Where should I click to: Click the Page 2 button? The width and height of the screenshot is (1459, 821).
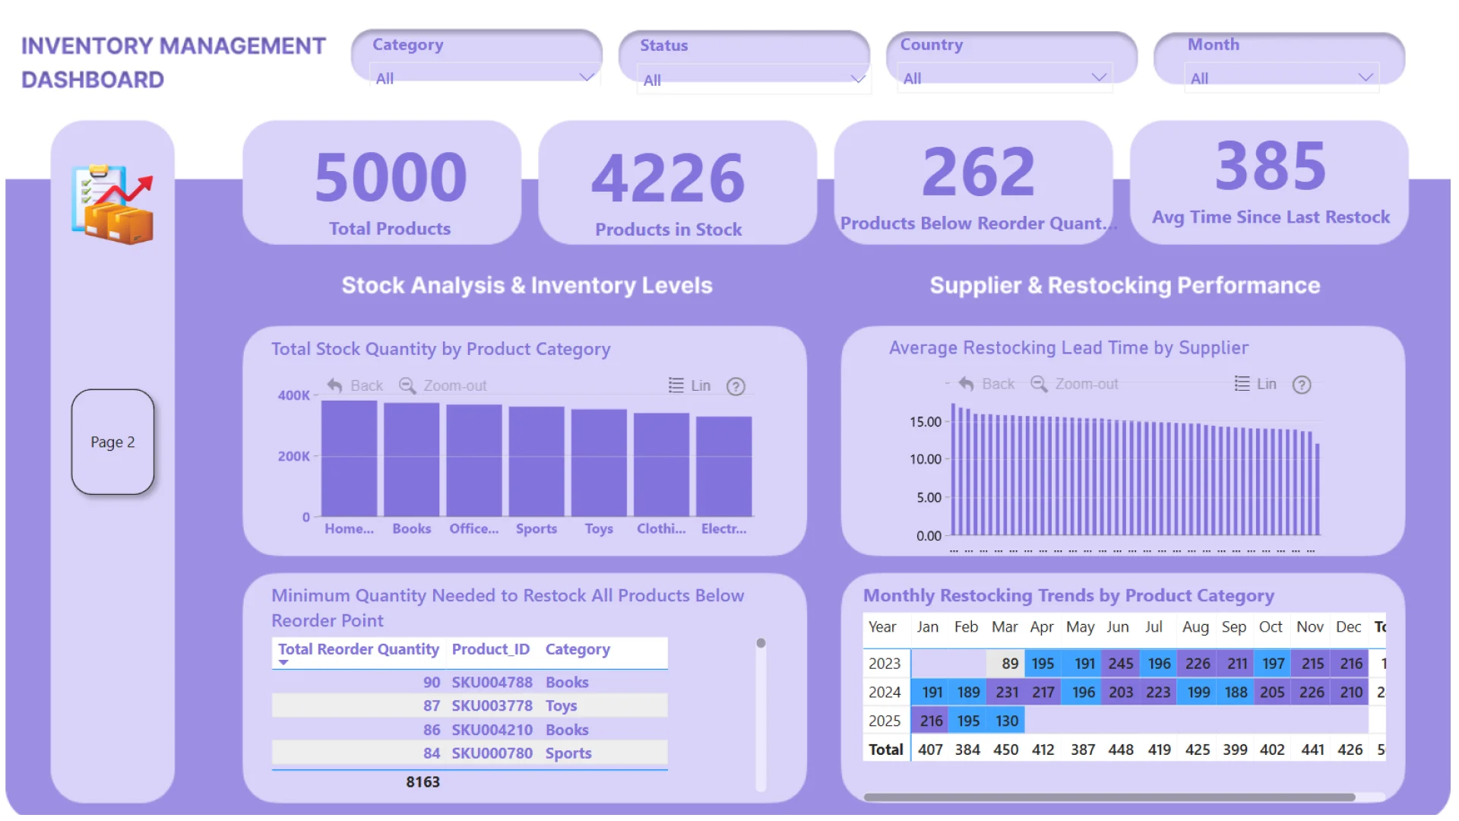(112, 442)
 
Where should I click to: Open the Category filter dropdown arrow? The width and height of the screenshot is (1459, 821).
(586, 78)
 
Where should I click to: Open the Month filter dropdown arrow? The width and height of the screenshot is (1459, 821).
(1365, 78)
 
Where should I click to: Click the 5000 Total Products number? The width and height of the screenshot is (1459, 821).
(391, 177)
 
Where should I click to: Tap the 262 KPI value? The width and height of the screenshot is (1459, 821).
(978, 172)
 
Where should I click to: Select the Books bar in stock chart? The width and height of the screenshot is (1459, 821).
(411, 460)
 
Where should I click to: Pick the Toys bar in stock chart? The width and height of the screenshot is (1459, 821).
(599, 463)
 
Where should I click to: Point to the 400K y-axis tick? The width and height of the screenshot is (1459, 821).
(293, 395)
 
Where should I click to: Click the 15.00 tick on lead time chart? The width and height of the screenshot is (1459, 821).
(925, 422)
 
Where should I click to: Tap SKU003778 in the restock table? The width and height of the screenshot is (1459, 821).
(492, 705)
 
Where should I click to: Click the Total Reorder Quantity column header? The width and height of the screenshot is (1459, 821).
(358, 649)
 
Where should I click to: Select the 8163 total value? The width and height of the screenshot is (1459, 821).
(423, 781)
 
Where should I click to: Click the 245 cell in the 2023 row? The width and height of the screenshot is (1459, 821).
(1120, 664)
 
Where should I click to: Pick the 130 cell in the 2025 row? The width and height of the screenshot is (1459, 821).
(1006, 721)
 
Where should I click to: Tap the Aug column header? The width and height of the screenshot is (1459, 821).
(1195, 627)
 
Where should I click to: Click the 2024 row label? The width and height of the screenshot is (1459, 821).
(885, 693)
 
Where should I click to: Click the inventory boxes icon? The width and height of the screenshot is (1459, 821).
(113, 204)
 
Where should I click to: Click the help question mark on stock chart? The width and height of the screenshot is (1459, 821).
(735, 386)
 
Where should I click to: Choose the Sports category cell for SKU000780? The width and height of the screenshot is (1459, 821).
(568, 753)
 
